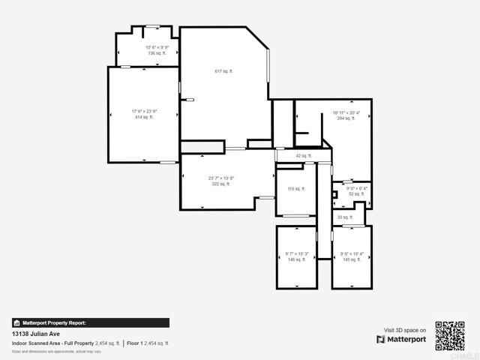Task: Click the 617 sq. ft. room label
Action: [x=223, y=71]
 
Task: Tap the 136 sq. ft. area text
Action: [x=157, y=53]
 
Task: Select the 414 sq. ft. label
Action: [x=143, y=117]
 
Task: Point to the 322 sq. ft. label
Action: [x=220, y=183]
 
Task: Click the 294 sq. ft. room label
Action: [x=346, y=118]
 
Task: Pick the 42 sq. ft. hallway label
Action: [x=303, y=156]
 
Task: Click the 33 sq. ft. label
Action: [x=344, y=217]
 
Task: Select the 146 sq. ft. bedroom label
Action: [x=296, y=259]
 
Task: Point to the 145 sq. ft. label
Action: [x=351, y=259]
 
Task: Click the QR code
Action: [x=450, y=335]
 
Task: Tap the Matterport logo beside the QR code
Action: [x=401, y=339]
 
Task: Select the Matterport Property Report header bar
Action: [x=90, y=322]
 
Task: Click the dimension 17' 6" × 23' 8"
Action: [x=143, y=112]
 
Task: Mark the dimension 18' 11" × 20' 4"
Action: [x=346, y=112]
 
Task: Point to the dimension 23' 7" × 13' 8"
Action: [x=220, y=178]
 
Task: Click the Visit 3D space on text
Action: [x=405, y=329]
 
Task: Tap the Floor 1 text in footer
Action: [x=135, y=343]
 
